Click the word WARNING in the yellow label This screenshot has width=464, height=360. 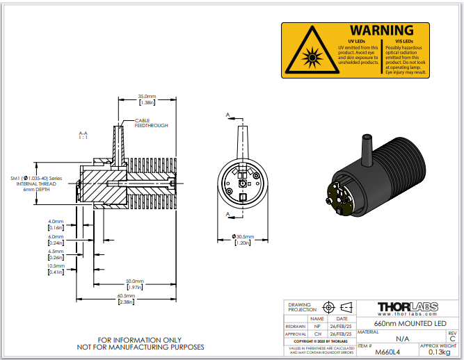pos(381,31)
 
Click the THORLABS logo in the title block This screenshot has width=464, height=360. pos(407,306)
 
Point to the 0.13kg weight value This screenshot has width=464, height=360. pos(438,352)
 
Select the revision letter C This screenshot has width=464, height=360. pos(452,338)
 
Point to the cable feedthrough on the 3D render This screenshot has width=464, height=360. pos(365,148)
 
